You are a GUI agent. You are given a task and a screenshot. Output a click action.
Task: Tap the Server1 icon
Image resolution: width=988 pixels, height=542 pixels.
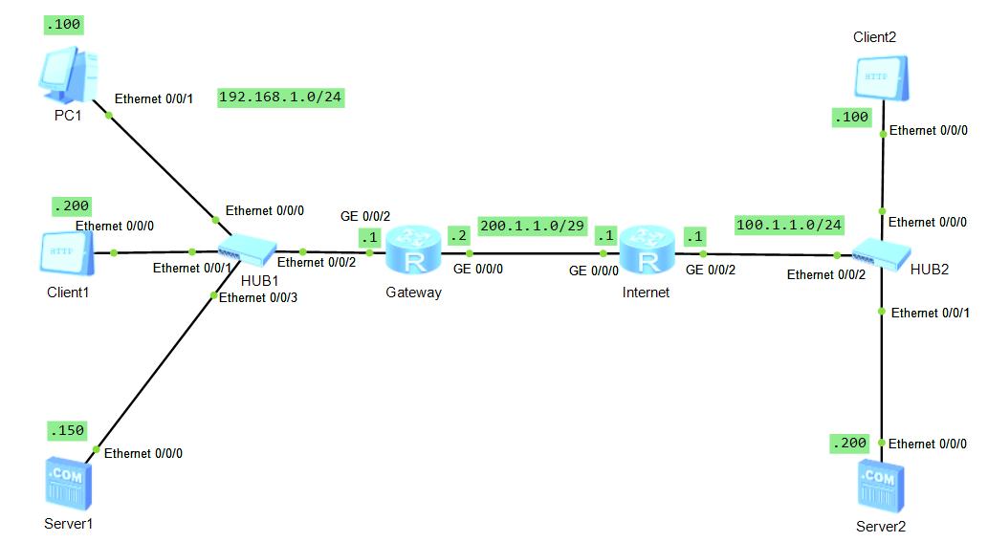coord(67,482)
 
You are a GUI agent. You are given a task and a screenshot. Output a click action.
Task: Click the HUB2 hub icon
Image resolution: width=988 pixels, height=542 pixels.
coord(876,251)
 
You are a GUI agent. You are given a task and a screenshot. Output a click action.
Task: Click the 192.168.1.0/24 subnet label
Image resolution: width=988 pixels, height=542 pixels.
coord(281,98)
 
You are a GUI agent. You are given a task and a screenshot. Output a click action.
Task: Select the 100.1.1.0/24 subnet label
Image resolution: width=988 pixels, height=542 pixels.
coord(789,226)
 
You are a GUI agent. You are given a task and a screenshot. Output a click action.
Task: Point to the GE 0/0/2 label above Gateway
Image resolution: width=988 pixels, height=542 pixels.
coord(365,217)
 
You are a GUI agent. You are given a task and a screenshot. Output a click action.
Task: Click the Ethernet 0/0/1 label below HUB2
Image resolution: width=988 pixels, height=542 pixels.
coord(931,314)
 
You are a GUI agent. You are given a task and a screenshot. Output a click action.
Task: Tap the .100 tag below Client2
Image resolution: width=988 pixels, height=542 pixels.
coord(850,118)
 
